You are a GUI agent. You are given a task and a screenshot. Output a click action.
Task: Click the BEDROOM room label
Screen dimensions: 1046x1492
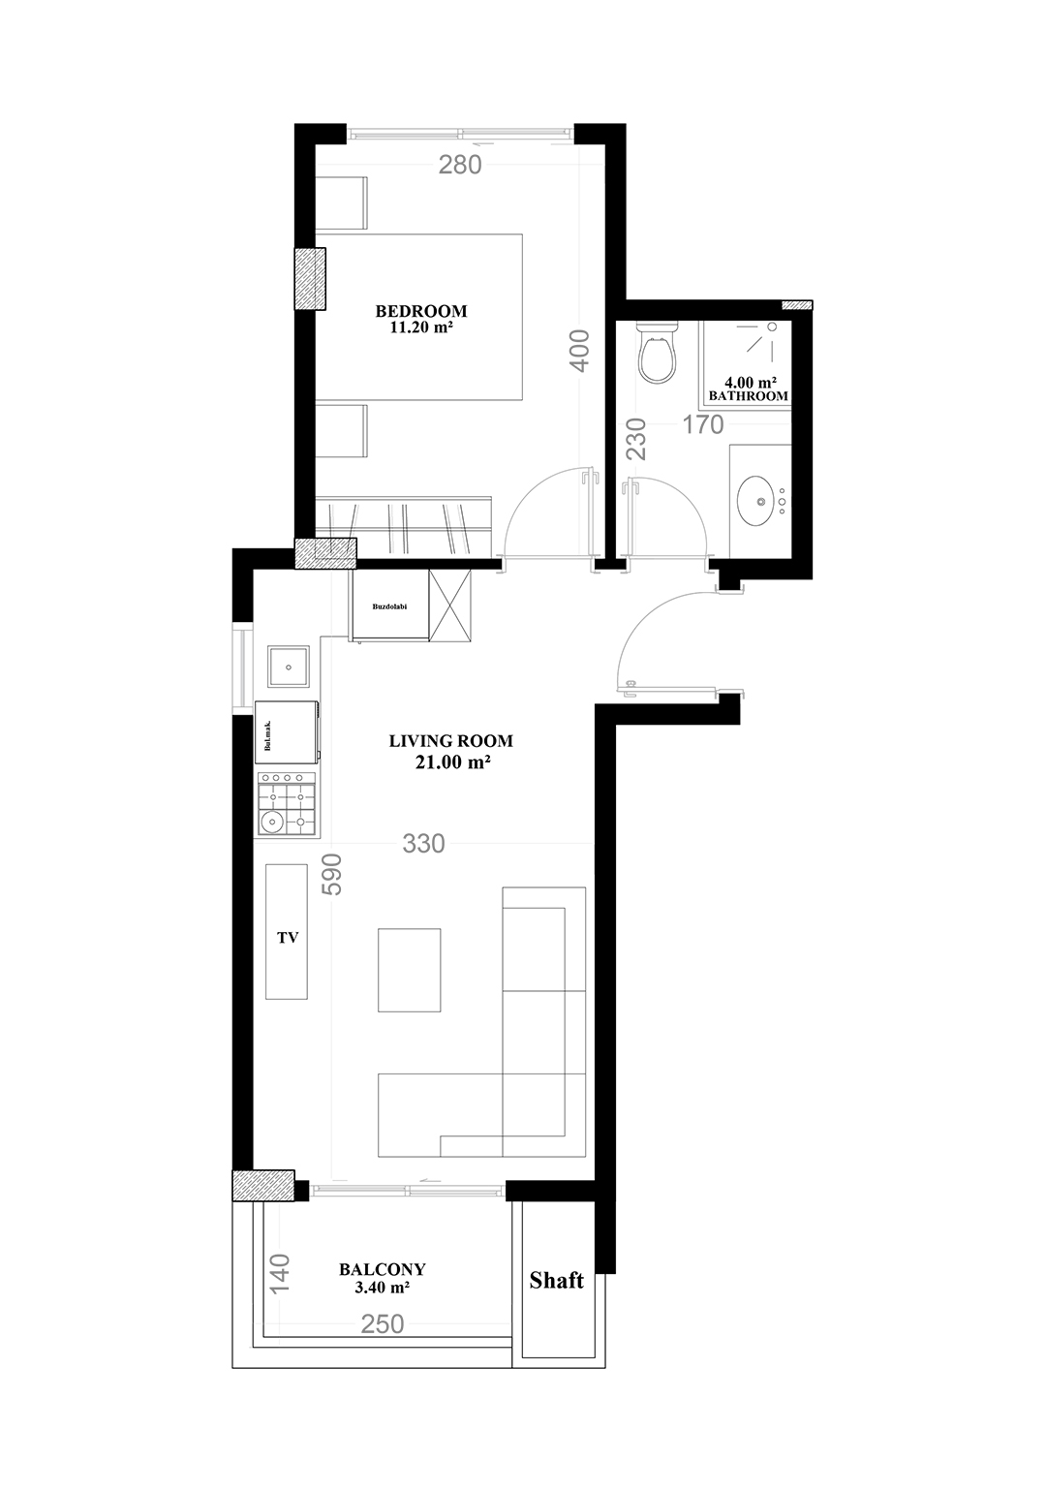[x=420, y=310]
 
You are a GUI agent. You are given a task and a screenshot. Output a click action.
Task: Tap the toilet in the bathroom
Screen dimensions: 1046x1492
[x=657, y=352]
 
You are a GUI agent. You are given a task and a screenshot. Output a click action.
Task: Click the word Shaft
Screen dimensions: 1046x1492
[x=556, y=1280]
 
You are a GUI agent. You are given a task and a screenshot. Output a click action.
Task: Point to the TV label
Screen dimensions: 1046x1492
[x=288, y=937]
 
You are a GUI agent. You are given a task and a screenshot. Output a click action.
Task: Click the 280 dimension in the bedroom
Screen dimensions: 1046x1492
[x=460, y=165]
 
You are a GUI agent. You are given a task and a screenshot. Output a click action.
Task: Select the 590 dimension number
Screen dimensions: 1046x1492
[x=331, y=875]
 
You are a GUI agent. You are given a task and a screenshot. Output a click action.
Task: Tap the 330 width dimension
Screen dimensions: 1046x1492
[x=423, y=844]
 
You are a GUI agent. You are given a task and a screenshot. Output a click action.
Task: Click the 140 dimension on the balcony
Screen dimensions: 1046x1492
[x=280, y=1273]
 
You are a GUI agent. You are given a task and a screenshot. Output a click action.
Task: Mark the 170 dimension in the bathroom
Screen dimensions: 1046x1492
[x=703, y=424]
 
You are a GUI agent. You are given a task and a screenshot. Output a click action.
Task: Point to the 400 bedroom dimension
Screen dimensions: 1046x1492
[x=580, y=351]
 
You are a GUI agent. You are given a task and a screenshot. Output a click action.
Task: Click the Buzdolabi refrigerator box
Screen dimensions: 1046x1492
[x=389, y=606]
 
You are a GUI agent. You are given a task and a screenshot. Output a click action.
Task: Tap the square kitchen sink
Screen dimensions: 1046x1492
[x=289, y=667]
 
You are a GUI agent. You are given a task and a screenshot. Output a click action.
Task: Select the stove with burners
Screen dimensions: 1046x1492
[x=287, y=804]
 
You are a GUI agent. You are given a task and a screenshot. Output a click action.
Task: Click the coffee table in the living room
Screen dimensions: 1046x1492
[x=409, y=970]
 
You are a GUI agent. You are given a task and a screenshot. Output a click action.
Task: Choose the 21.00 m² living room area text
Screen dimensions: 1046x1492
[x=452, y=762]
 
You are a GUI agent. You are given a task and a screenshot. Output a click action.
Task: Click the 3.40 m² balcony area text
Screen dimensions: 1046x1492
[x=382, y=1287]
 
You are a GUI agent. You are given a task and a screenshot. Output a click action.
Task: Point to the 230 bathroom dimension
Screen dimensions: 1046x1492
[x=637, y=438]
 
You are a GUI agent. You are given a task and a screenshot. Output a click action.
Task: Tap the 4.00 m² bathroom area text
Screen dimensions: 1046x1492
[x=750, y=383]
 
